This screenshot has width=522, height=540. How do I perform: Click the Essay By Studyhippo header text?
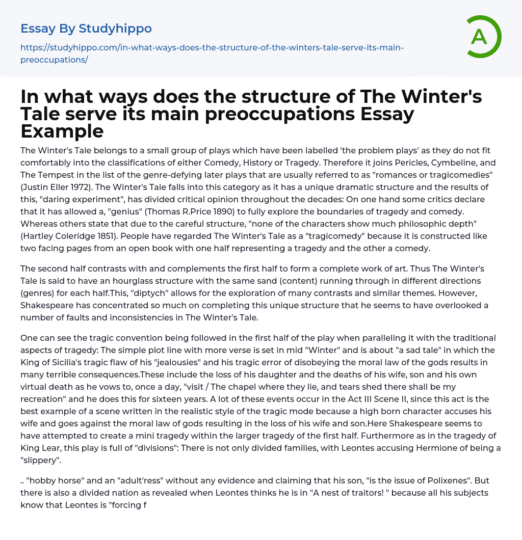pyautogui.click(x=86, y=29)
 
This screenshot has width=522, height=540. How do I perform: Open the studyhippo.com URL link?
pyautogui.click(x=212, y=53)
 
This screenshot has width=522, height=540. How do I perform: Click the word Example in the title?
pyautogui.click(x=62, y=131)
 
